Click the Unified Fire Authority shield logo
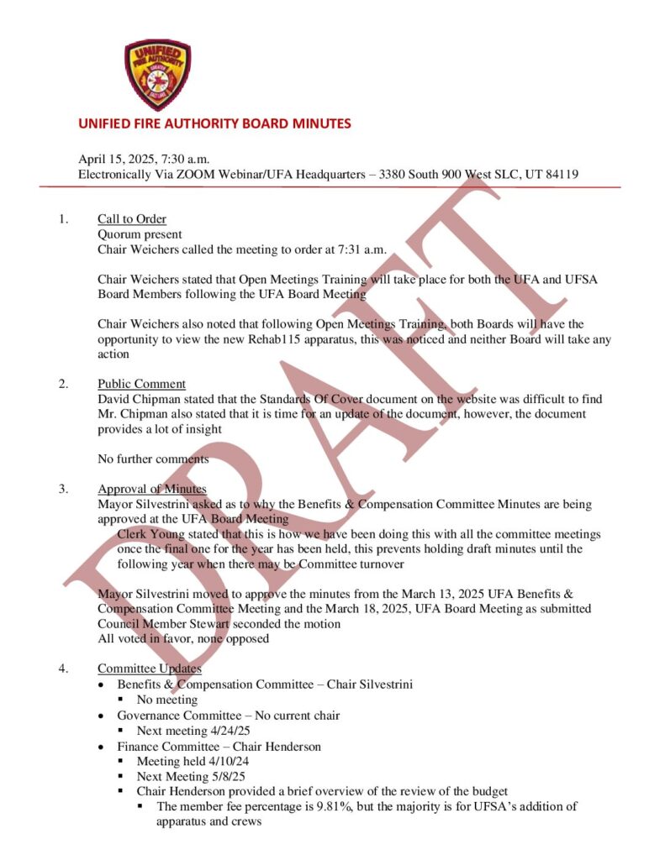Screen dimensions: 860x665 157,75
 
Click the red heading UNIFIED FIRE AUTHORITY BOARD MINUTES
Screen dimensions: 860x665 214,123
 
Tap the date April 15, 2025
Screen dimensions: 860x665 119,160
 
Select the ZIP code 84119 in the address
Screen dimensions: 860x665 560,175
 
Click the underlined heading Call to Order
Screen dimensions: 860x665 131,220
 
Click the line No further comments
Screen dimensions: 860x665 153,459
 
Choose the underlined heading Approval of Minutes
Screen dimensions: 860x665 152,489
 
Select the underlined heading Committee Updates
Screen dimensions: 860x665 150,669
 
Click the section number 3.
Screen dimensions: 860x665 63,489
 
